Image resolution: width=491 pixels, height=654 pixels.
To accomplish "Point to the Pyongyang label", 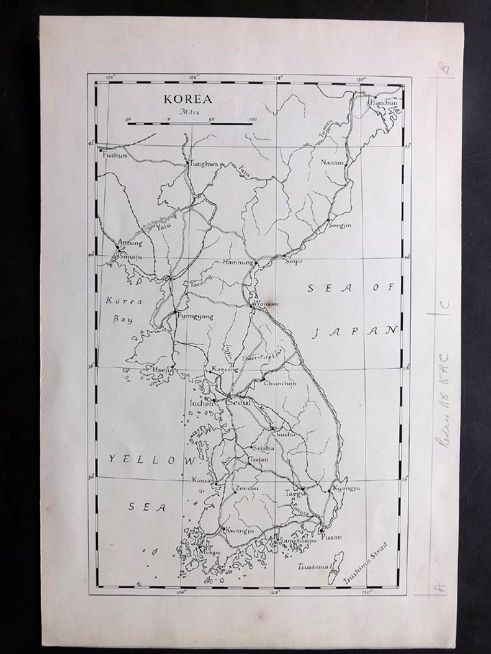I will tap(195, 317).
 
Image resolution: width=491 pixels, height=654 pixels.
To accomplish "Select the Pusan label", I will tap(331, 537).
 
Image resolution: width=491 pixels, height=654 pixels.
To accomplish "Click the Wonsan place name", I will tap(266, 303).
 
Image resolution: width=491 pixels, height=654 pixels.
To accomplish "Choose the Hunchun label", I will tap(384, 102).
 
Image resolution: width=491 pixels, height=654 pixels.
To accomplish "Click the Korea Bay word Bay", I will tap(124, 319).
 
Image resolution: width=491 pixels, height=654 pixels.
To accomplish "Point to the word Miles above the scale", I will tap(191, 112).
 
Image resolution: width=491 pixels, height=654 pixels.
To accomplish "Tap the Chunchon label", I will tap(280, 383).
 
